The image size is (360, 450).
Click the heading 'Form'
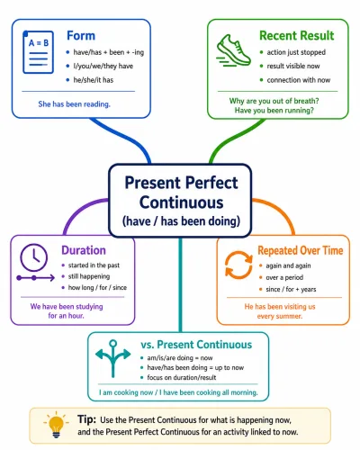[81, 36]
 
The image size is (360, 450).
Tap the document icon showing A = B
[38, 52]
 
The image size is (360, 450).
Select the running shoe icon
[233, 50]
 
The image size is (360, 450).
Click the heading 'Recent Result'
[296, 35]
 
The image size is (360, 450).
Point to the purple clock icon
[33, 257]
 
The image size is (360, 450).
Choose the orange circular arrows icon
[238, 265]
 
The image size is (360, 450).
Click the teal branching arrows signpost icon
[112, 358]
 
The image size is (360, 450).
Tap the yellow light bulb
[56, 425]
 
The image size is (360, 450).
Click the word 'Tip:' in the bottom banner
[86, 419]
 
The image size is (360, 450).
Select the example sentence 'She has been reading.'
[74, 104]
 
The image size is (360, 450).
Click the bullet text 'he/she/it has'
[94, 80]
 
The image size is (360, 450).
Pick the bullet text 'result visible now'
[293, 66]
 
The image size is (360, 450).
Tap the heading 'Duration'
[84, 250]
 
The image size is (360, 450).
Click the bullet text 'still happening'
[89, 276]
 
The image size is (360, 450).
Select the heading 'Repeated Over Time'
[301, 250]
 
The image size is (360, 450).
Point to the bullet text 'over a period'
[284, 277]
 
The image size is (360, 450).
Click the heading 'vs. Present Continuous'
[196, 345]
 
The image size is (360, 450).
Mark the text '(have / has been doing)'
[181, 221]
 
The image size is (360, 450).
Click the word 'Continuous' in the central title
[181, 202]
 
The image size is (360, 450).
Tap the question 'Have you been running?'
[274, 111]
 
